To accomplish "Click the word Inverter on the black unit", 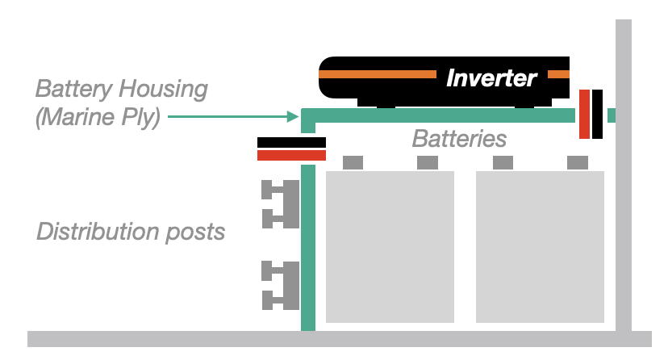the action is pos(491,78).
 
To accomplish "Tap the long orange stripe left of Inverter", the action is pos(378,74).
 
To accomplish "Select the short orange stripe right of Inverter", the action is pos(558,74).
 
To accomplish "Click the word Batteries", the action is pos(459,139).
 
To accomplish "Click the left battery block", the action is pos(390,247).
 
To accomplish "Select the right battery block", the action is pos(540,247).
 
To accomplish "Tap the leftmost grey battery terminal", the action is pos(353,162).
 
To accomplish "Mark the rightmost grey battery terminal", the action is pos(578,162).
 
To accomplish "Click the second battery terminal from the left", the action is pos(428,162).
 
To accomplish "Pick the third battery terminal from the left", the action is pos(503,162).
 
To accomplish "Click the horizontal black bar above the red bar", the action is pos(291,142).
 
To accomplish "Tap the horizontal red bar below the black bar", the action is pos(291,155).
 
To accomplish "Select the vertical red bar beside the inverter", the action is pos(584,114).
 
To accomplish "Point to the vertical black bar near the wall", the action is pos(597,114).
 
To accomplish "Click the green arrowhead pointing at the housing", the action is pos(293,116).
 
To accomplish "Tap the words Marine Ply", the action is pos(98,117).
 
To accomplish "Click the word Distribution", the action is pos(98,232).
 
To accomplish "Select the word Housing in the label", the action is pos(163,90).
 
